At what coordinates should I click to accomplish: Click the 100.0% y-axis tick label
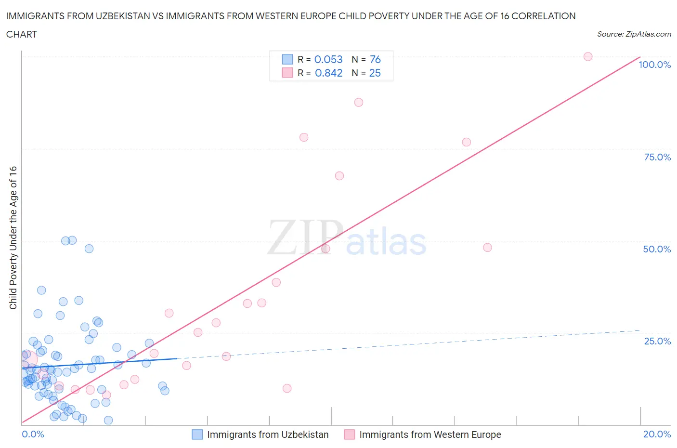coord(654,65)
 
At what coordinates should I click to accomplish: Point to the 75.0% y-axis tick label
coord(657,157)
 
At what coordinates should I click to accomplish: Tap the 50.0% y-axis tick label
coord(657,249)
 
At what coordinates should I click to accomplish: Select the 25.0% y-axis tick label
coord(657,341)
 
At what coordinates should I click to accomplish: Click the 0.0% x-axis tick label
coord(33,434)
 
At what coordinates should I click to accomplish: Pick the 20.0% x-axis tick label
coord(657,434)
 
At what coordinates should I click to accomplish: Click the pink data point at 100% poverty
coord(587,56)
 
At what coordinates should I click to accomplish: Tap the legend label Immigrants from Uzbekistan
coord(268,435)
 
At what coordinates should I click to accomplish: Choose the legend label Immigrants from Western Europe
coord(430,435)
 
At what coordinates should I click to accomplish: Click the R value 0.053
coord(328,59)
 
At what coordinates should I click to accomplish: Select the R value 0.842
coord(328,73)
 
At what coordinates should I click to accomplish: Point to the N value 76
coord(375,59)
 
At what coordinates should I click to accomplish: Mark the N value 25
coord(375,73)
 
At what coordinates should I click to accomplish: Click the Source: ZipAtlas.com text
coord(634,34)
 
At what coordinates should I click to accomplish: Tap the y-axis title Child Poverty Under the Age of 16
coord(13,237)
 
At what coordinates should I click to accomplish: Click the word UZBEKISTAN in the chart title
coord(112,16)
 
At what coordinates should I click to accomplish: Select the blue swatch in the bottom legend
coord(197,435)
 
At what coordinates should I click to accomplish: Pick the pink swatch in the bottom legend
coord(350,435)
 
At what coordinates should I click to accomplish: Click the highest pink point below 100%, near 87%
coord(358,102)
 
